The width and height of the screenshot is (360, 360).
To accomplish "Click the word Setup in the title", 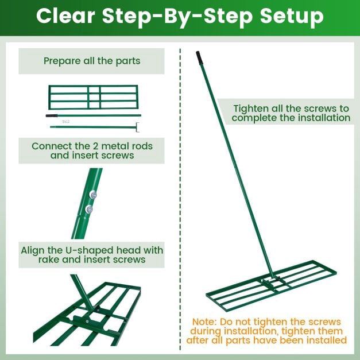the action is pos(292,17).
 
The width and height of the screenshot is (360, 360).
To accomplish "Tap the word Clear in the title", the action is pos(65,16).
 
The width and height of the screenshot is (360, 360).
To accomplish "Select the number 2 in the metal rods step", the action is pos(96,146).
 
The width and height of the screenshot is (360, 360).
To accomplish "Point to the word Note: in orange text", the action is pos(204,322).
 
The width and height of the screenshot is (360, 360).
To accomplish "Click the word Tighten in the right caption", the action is pos(251,109).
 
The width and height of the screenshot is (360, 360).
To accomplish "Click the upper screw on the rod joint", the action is pos(93,195).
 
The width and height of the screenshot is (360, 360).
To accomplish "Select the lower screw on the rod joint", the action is pos(89,209).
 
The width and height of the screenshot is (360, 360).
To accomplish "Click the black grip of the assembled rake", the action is pos(199,57).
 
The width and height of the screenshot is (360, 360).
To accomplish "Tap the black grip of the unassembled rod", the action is pos(52,115).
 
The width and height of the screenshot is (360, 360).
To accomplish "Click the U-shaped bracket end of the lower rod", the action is pos(137,127).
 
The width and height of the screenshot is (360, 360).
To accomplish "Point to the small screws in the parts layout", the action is pos(65,122).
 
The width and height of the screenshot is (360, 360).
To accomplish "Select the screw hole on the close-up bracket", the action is pos(87,322).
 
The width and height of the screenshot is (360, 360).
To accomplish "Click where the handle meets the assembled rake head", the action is pos(272,277).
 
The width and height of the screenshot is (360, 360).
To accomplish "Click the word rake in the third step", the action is pos(49,260).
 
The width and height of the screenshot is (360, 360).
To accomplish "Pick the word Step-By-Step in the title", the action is pos(177,17).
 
